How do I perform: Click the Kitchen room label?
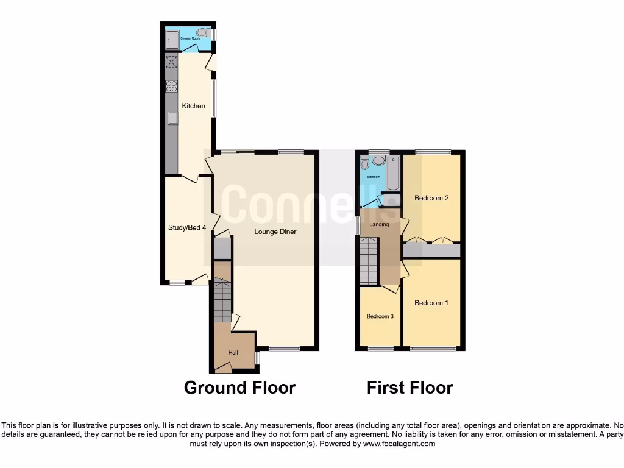(194, 106)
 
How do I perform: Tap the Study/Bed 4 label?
(187, 228)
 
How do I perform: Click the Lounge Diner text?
(275, 232)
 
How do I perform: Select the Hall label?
(233, 353)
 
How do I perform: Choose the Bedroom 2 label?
(431, 198)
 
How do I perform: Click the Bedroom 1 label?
(431, 303)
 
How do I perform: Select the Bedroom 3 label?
(380, 317)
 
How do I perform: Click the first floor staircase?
(369, 261)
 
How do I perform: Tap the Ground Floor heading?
(239, 388)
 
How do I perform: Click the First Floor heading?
(410, 388)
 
